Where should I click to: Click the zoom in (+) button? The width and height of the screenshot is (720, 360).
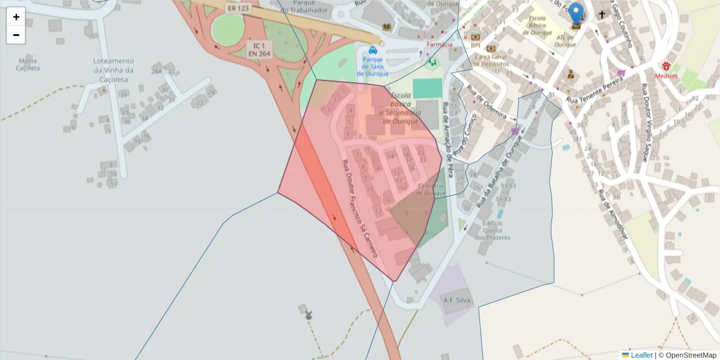tap(16, 17)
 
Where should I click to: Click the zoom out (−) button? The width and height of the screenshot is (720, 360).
tap(16, 35)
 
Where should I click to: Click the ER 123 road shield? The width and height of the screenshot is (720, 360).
tap(239, 9)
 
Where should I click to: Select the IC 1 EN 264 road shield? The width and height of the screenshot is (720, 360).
tap(260, 49)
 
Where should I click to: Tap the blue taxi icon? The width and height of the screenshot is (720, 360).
tap(373, 50)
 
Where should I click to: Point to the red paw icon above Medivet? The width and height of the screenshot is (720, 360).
tap(666, 65)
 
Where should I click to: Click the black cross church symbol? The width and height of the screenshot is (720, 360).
tap(602, 14)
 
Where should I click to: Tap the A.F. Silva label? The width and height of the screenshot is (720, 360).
tap(457, 300)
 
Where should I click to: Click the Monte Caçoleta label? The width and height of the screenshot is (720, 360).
tap(28, 64)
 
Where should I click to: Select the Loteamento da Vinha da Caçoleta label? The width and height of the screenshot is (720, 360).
tap(113, 70)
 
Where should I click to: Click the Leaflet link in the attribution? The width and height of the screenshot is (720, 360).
tap(641, 355)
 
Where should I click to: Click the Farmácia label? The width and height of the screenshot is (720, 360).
tap(439, 44)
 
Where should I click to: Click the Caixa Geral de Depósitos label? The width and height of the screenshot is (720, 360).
tap(491, 60)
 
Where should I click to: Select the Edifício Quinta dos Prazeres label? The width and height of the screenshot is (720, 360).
tap(492, 230)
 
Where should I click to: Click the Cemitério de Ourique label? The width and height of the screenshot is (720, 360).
tap(431, 189)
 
